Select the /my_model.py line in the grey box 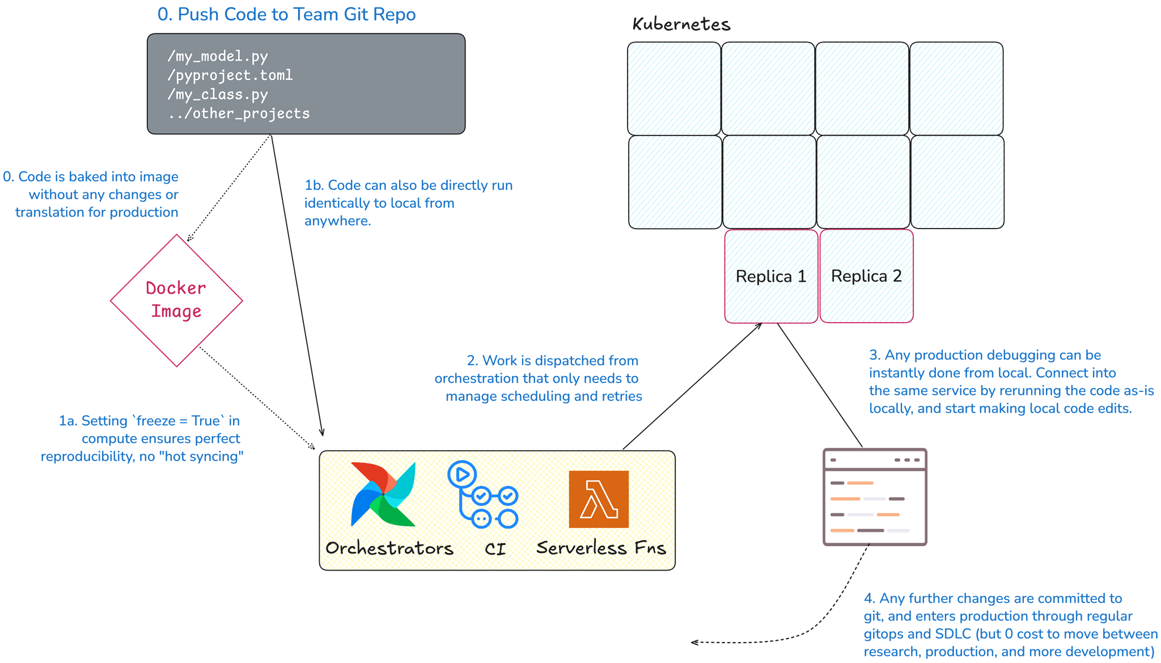click(x=217, y=56)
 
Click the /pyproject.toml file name click(x=230, y=75)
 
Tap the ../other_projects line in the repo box click(x=239, y=113)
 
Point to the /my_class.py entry click(x=217, y=94)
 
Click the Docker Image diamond click(x=176, y=300)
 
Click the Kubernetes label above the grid click(x=681, y=24)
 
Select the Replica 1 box click(x=771, y=276)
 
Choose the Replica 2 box click(x=866, y=276)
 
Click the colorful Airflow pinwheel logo click(x=384, y=494)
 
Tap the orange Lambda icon click(x=599, y=499)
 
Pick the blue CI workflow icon click(x=483, y=495)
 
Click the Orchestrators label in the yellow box click(x=389, y=548)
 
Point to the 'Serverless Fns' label click(x=601, y=548)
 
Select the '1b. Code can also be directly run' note click(x=408, y=185)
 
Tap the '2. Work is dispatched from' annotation click(x=552, y=361)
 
